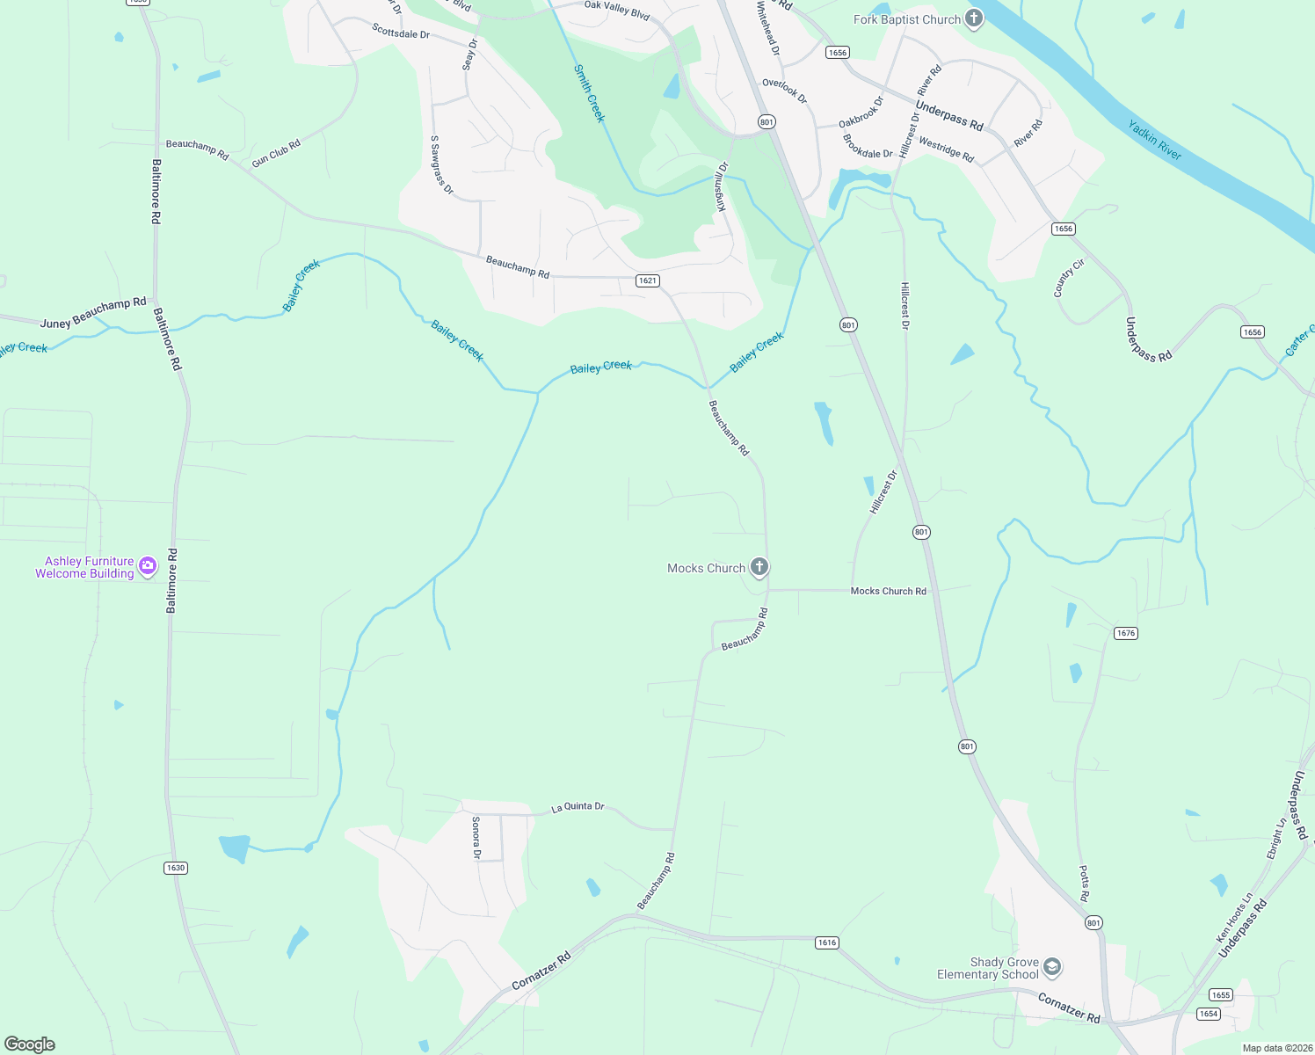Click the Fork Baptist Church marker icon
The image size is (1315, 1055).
pos(973,18)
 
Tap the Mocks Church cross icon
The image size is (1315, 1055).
pos(759,567)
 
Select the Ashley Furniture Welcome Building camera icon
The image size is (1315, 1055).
pos(148,565)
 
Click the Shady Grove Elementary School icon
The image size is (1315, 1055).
pos(1052,967)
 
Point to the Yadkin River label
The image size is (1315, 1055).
pos(1154,140)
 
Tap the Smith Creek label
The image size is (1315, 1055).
pos(589,93)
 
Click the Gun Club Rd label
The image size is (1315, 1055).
pos(276,153)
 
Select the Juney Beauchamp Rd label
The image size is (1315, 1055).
pos(93,312)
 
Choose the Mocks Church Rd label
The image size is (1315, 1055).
pos(888,591)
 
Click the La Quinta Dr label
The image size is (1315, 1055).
pos(578,806)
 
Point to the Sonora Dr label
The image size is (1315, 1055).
pos(476,837)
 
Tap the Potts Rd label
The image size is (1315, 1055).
pos(1084,883)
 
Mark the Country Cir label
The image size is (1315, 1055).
pos(1069,278)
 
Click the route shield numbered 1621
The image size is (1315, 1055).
pos(648,280)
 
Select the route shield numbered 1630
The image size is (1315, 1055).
pos(176,868)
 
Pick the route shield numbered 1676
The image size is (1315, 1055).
pos(1126,633)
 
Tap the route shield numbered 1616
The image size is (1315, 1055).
pos(827,942)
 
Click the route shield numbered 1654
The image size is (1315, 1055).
pos(1209,1014)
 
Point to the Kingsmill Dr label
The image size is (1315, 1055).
pos(722,186)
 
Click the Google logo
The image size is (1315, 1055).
pos(30,1044)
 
